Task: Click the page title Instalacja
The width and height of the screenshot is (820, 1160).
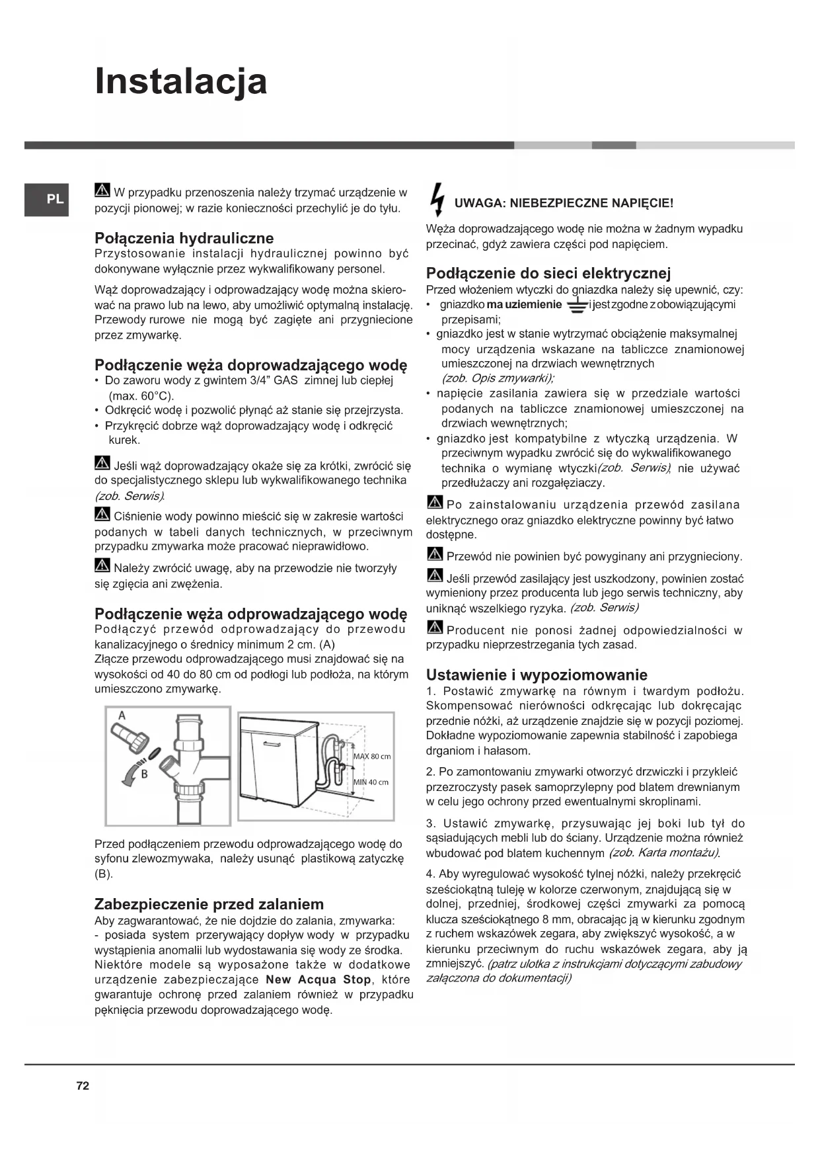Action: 181,81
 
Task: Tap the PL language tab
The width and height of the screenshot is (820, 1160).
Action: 56,199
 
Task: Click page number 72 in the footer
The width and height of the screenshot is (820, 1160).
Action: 83,1085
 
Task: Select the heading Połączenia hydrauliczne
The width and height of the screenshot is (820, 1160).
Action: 184,238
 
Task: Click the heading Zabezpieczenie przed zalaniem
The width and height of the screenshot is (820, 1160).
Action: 209,904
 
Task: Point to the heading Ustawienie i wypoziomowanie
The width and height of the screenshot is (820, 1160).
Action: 537,675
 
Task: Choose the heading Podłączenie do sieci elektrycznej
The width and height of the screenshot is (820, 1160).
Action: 548,273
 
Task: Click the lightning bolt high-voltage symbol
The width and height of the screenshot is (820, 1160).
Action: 436,198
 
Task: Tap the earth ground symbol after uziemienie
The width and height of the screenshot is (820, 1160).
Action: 576,306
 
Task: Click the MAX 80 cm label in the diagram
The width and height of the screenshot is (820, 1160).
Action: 372,757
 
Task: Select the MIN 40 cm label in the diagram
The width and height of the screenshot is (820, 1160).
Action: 371,782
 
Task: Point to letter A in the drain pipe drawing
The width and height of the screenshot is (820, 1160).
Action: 122,715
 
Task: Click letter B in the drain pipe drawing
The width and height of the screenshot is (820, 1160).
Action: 144,774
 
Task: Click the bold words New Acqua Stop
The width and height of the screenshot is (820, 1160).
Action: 318,979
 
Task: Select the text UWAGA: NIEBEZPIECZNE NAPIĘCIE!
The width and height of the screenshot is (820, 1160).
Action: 564,203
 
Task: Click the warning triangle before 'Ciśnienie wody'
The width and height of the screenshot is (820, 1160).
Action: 102,515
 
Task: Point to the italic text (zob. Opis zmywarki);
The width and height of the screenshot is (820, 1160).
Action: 498,378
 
